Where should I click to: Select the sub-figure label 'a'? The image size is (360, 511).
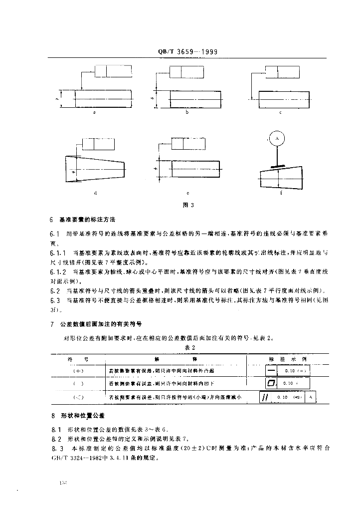pos(94,113)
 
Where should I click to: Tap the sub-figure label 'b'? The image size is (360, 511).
pos(186,113)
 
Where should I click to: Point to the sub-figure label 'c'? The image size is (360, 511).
pos(281,113)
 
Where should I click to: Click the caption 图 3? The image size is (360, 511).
pos(187,205)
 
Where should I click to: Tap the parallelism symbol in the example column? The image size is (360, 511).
pos(265,397)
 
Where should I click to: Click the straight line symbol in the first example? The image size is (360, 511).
pos(271,371)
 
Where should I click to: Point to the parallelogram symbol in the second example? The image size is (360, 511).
pos(271,383)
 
